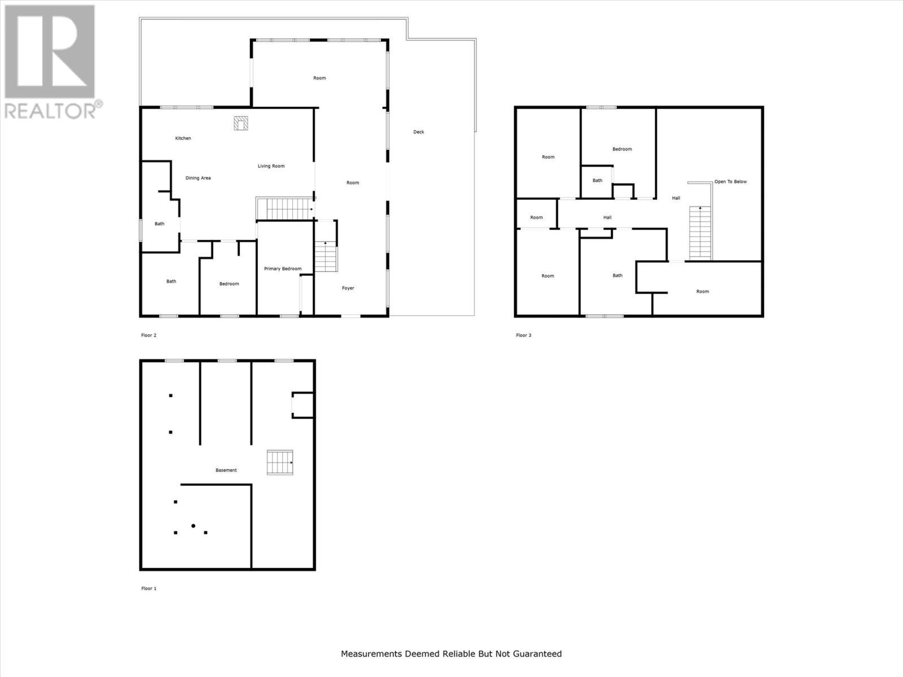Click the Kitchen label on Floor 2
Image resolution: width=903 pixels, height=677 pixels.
coord(183,138)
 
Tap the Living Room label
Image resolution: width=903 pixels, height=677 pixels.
coord(271,166)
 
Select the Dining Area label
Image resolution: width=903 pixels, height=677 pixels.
coord(198,178)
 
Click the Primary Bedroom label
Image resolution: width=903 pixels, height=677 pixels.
coord(282,269)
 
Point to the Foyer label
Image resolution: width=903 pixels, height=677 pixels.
coord(348,288)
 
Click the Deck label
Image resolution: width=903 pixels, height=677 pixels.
coord(418,132)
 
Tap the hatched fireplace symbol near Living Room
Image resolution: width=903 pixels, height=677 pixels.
coord(241,123)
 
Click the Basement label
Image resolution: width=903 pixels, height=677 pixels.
coord(226,470)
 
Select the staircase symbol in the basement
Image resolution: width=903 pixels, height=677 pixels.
coord(280,462)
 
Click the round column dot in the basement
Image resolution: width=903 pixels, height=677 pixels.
coord(193,526)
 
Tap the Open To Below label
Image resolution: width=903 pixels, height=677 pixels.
coord(730,182)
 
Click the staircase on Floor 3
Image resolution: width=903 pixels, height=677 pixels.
coord(700,232)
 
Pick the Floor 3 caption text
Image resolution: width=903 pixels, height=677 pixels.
coord(523,335)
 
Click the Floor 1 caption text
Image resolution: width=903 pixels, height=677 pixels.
coord(148,588)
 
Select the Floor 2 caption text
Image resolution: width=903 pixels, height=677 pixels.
coord(148,335)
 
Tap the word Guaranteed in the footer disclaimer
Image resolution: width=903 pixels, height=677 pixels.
coord(538,654)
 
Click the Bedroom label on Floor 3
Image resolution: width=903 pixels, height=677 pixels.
coord(622,149)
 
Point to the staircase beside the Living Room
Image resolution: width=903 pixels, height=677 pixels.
coord(284,208)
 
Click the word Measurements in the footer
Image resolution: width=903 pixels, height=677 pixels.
coord(371,654)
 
